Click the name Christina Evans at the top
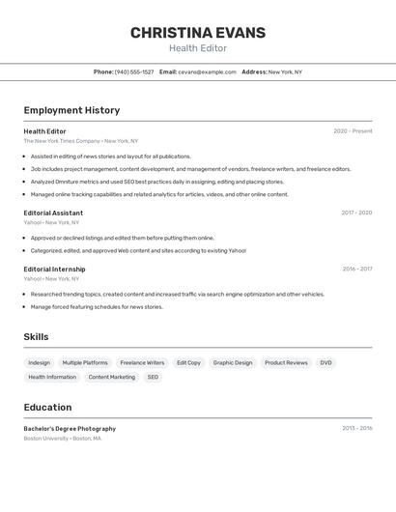(x=198, y=33)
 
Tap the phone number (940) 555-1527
(x=134, y=71)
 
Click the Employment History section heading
(x=71, y=110)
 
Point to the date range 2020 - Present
(x=353, y=131)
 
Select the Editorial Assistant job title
(x=53, y=213)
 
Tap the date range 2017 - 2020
(x=356, y=213)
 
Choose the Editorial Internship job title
(x=54, y=270)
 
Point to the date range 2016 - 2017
(x=356, y=270)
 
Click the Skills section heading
(x=37, y=336)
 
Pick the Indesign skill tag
(x=40, y=363)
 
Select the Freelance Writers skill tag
(x=142, y=363)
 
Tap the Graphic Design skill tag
(x=233, y=363)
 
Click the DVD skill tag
(x=325, y=363)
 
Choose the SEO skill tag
(x=153, y=378)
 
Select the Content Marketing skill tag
(x=112, y=378)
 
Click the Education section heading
(x=47, y=407)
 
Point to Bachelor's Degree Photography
(x=70, y=428)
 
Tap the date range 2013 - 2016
(x=356, y=428)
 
